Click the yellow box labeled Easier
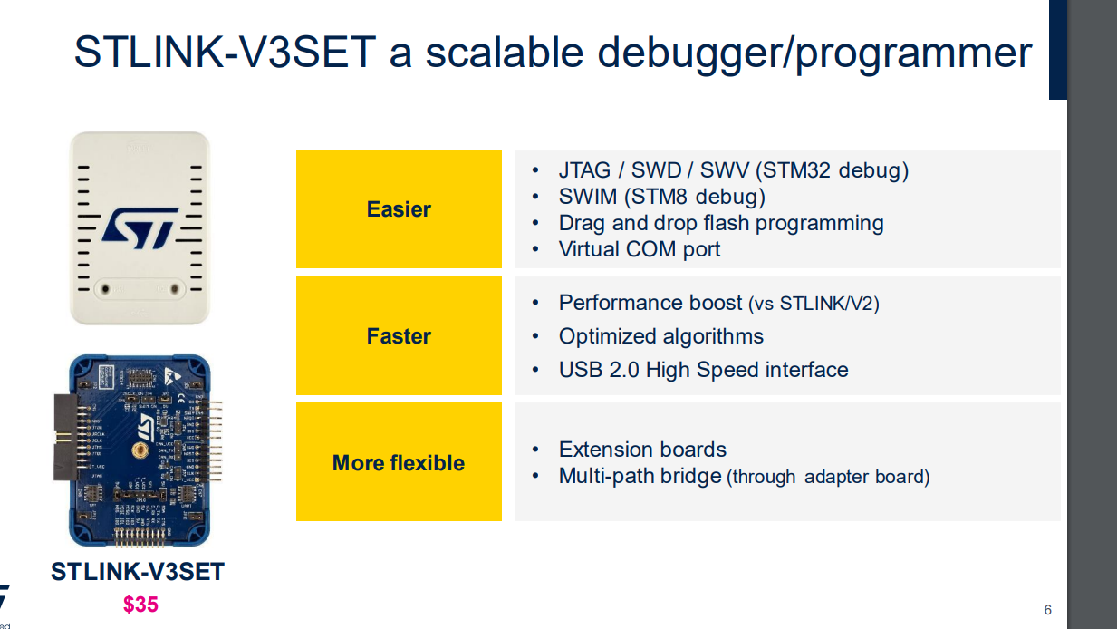[x=399, y=209]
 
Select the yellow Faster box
[x=399, y=336]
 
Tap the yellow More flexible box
[x=399, y=462]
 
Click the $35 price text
[x=140, y=605]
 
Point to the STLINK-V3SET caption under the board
[x=138, y=573]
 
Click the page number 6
[x=1047, y=609]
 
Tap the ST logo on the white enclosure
[x=140, y=227]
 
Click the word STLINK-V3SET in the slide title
[x=224, y=53]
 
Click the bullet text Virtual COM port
[x=640, y=249]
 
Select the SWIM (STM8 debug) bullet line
[x=661, y=197]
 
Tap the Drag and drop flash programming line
[x=721, y=223]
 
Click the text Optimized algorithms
[x=661, y=336]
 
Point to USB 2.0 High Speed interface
[x=703, y=370]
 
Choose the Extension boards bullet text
[x=642, y=450]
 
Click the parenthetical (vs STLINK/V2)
[x=814, y=304]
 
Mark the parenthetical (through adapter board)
[x=828, y=477]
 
